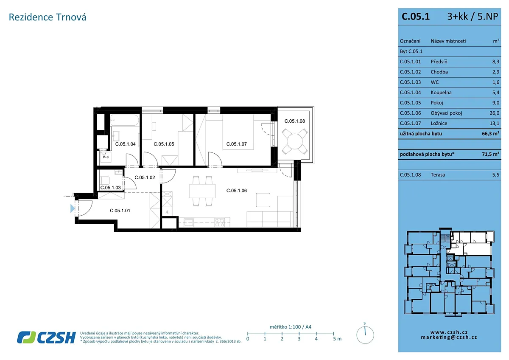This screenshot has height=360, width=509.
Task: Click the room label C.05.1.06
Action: point(236,191)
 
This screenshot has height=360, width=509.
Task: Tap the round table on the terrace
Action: point(295,141)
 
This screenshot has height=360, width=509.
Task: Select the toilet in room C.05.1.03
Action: point(105,180)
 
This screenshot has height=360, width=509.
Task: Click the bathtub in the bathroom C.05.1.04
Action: point(125,120)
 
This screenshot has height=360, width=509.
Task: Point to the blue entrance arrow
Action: point(72,208)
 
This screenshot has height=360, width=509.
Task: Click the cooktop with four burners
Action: point(220,222)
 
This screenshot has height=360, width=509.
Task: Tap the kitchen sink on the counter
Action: point(189,222)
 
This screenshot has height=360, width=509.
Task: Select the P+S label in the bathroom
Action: point(106,157)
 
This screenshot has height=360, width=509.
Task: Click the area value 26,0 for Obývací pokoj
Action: point(494,113)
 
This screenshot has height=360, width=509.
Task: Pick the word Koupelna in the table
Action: point(441,93)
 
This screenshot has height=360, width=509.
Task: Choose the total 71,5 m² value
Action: point(491,154)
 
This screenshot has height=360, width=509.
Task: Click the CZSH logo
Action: point(46,337)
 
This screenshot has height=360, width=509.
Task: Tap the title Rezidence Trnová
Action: point(48,17)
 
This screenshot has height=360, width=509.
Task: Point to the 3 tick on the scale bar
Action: point(299,334)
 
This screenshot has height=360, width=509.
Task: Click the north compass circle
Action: point(365,335)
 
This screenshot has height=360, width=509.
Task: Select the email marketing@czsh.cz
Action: point(449,337)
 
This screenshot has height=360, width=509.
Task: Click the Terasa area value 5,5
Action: point(496,175)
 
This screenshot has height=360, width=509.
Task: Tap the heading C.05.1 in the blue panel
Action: point(416,17)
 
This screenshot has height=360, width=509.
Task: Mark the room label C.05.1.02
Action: point(145,177)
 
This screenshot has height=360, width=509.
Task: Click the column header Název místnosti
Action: point(448,41)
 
